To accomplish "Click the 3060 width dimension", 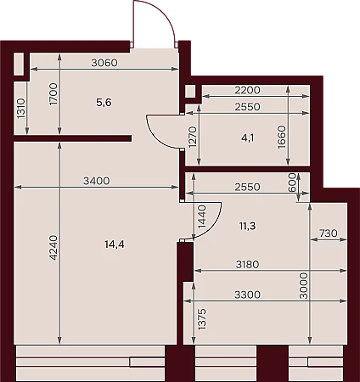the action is click(104, 63).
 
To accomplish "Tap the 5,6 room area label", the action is click(104, 103).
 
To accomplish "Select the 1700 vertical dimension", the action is click(53, 94).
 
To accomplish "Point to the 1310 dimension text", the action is click(21, 109).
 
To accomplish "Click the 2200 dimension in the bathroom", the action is click(247, 90).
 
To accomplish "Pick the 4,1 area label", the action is click(247, 138).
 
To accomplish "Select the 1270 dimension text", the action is click(193, 138).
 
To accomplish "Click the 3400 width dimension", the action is click(96, 180).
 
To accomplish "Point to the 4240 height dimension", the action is click(53, 248).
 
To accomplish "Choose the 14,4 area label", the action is click(115, 244).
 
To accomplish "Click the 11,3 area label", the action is click(247, 226).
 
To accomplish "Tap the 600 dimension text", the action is click(292, 183).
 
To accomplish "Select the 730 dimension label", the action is click(329, 233).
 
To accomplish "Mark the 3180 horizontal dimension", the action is click(248, 264).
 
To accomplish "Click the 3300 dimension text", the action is click(247, 295).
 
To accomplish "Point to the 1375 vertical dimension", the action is click(202, 319).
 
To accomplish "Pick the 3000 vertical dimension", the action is click(304, 286).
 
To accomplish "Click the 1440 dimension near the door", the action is click(202, 217).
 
